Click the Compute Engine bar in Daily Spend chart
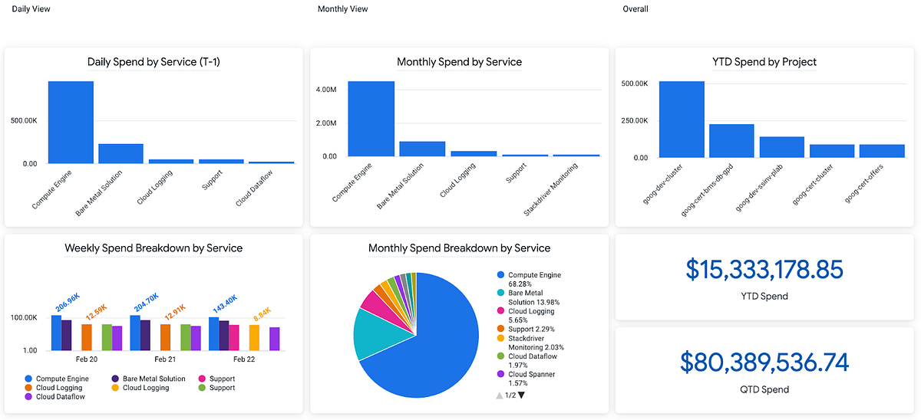71,123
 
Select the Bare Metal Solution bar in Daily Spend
120,153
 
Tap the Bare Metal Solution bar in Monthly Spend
422,149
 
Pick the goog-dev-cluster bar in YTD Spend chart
681,120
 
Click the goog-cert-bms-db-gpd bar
731,141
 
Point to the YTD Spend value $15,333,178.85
764,270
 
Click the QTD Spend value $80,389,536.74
764,363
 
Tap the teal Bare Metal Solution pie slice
372,333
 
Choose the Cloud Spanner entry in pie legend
532,375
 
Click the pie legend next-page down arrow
521,395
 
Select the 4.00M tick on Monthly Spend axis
325,90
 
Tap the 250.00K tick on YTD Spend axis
635,120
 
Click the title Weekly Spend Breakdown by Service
153,248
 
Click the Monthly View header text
342,9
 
